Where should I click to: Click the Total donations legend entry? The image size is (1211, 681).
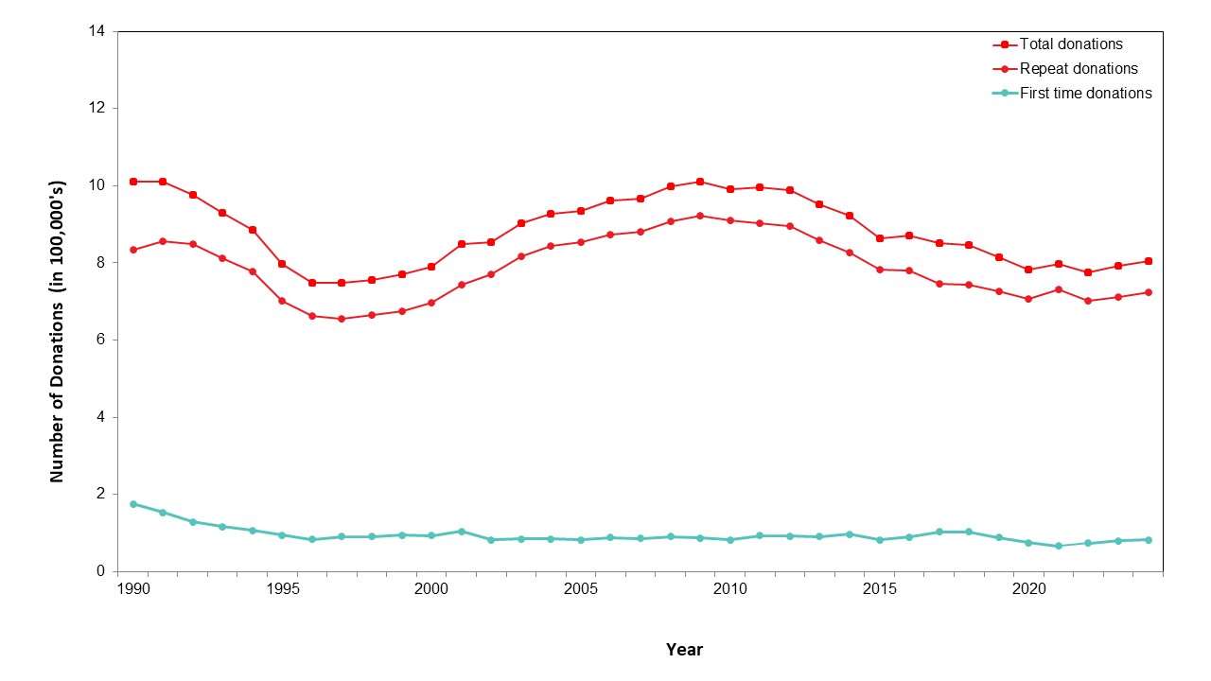[1071, 44]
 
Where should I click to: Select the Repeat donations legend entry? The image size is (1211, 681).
[1079, 69]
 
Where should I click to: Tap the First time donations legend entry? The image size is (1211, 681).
[1085, 94]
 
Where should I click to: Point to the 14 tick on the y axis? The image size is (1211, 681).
[97, 31]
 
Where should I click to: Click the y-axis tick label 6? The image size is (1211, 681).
[100, 340]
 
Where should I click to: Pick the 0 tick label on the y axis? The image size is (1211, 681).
[100, 571]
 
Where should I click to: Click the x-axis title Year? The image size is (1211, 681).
[684, 650]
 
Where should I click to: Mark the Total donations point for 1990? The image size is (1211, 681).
[133, 182]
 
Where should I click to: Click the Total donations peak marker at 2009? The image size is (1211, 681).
[700, 182]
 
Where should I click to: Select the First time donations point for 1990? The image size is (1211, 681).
[133, 504]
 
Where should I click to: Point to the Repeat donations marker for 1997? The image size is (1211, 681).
[342, 319]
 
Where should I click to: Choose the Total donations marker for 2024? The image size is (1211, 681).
[1148, 261]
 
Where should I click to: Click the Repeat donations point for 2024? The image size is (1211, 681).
[1148, 292]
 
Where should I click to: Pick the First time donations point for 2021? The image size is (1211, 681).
[1059, 546]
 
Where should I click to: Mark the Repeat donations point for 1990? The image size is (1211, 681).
[133, 250]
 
